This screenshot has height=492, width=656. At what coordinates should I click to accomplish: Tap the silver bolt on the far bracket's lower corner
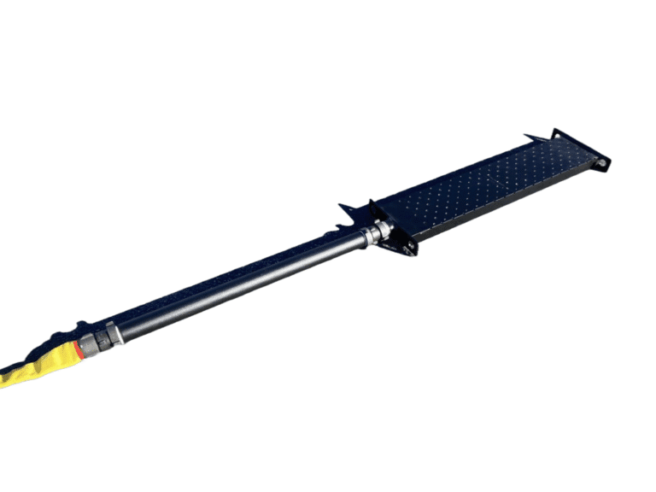pyautogui.click(x=601, y=161)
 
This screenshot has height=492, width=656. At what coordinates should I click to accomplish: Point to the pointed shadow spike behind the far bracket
pyautogui.click(x=533, y=137)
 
